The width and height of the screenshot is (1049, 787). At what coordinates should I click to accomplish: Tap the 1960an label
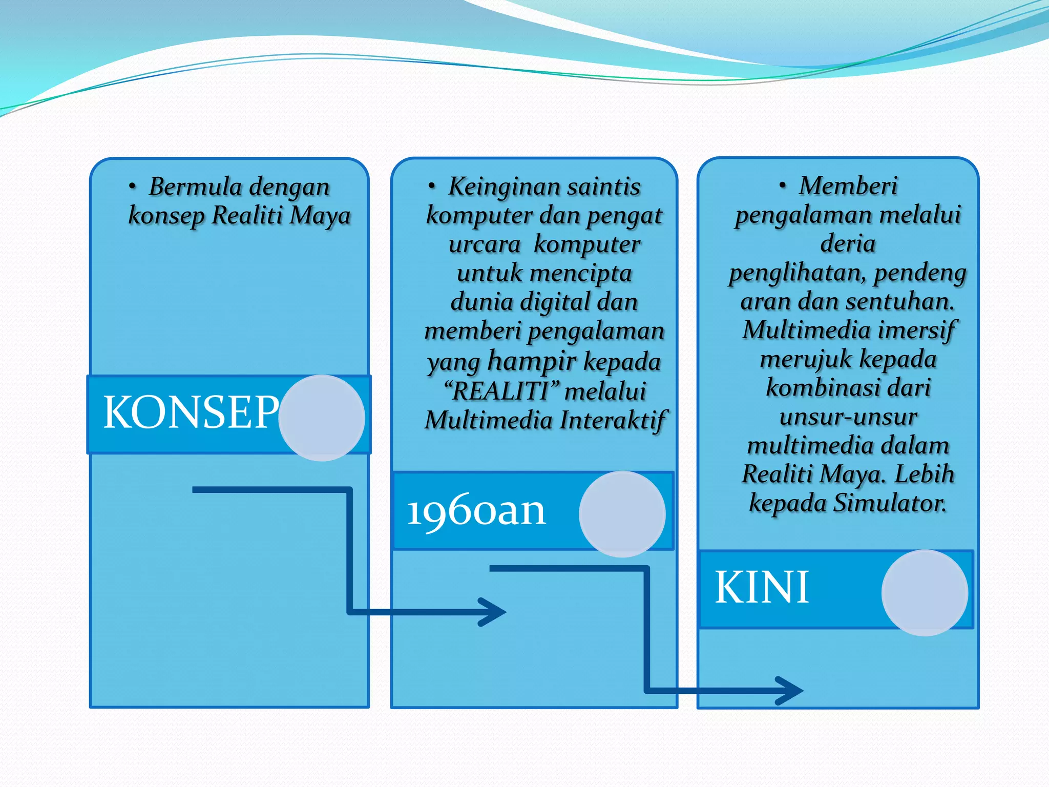476,511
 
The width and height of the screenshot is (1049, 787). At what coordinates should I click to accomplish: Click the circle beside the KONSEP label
322,418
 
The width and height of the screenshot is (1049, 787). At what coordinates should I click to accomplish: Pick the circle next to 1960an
622,514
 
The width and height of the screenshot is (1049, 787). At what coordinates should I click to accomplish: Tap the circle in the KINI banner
925,593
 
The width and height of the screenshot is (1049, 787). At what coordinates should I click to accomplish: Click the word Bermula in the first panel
195,187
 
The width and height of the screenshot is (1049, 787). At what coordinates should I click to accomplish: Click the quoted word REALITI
501,391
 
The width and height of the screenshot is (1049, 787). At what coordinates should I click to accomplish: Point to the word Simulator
890,503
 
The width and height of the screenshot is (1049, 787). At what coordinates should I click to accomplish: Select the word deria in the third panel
848,243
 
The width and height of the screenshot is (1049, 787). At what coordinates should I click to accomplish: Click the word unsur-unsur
848,417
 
